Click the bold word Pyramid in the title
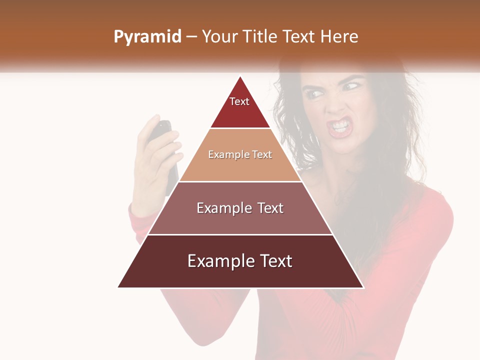click(x=147, y=37)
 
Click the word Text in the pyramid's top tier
click(x=239, y=101)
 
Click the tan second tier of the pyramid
click(x=240, y=167)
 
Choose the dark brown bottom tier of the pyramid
click(x=240, y=275)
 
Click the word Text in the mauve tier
click(x=267, y=208)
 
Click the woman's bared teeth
click(x=340, y=125)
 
